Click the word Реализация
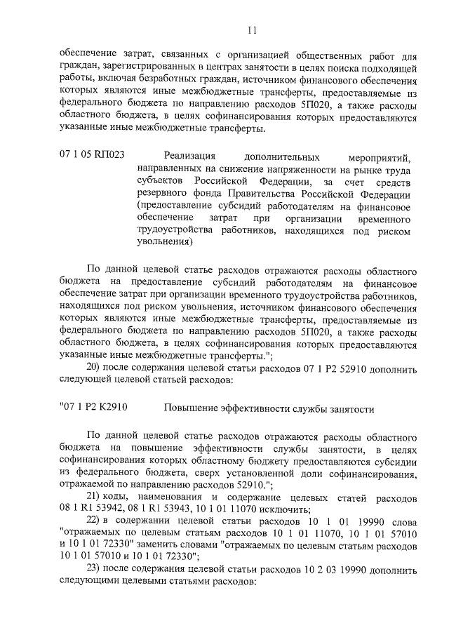point(189,156)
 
